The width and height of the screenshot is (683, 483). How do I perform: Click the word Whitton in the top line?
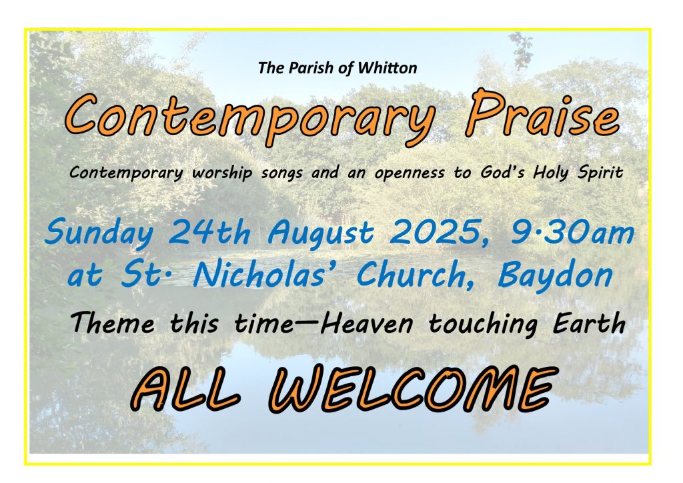click(388, 68)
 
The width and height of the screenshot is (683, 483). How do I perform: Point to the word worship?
click(221, 173)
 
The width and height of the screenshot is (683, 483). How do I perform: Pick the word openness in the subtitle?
click(410, 173)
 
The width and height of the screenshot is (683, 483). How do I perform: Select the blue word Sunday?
click(99, 233)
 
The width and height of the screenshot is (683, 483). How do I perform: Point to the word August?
click(321, 234)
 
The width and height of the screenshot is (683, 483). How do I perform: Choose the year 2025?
click(442, 233)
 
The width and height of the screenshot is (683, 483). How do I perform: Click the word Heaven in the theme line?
click(367, 324)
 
